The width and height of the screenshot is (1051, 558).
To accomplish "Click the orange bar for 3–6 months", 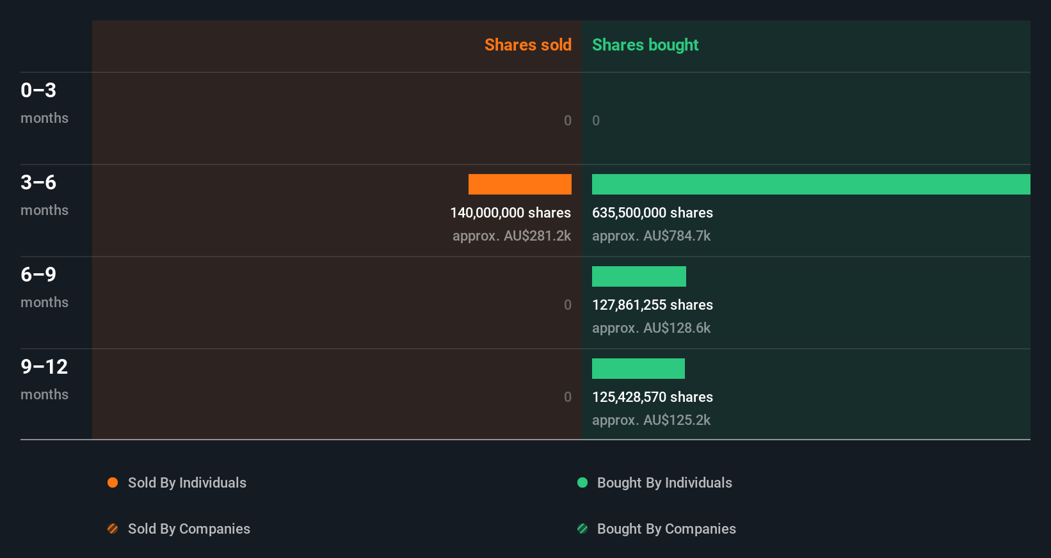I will point(520,184).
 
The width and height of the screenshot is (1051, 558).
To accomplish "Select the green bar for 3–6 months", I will point(811,184).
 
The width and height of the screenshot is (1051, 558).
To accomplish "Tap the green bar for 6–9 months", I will point(639,276).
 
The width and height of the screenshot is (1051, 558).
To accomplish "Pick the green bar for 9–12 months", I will point(638,369).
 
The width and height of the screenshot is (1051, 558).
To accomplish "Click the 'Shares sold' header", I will point(527,45).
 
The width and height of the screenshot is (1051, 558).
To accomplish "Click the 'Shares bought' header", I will point(645,45).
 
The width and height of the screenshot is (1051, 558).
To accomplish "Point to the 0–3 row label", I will point(38,90).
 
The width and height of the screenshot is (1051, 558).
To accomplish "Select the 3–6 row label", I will point(38,182).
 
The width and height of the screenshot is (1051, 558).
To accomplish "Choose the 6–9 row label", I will point(38,275).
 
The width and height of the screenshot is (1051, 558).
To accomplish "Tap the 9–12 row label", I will point(44,367).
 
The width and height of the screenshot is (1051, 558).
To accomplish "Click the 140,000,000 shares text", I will point(510,212).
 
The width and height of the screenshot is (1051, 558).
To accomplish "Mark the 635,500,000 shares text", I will point(652,212).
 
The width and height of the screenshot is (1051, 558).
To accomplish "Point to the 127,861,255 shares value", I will point(652,305).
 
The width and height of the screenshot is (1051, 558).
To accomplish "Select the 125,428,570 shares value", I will point(652,397).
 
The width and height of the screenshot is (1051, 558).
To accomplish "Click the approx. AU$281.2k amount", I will point(511,235).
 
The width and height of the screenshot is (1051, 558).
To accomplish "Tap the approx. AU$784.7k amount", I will point(651,235).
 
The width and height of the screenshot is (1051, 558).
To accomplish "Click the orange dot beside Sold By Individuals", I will point(113,482).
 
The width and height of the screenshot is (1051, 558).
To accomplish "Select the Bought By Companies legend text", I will point(666,529).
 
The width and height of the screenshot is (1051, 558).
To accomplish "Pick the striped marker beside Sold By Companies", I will point(113,529).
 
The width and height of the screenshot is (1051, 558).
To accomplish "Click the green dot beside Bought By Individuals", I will point(582,482).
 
